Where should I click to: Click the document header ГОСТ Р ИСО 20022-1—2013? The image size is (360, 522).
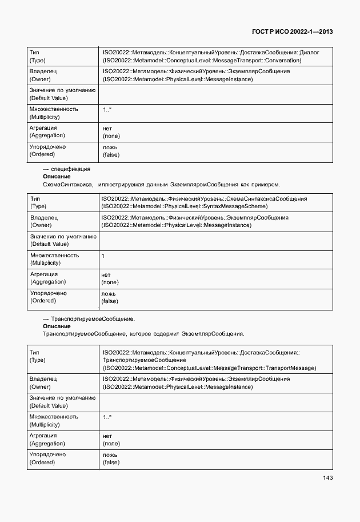click(x=292, y=31)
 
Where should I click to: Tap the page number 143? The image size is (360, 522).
click(x=327, y=478)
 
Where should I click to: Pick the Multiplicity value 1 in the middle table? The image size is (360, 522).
click(x=103, y=256)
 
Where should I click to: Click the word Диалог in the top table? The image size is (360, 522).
click(x=309, y=53)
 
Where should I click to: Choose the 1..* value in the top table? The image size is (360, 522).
click(x=107, y=109)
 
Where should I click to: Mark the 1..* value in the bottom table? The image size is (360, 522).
click(x=107, y=417)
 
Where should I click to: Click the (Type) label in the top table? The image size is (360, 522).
click(x=37, y=60)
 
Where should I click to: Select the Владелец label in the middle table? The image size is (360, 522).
click(x=43, y=218)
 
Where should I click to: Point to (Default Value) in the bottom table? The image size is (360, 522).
click(x=48, y=406)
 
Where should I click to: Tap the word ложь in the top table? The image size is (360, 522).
click(x=110, y=147)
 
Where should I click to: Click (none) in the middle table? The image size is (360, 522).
click(x=110, y=282)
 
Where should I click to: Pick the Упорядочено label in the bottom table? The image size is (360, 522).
click(x=47, y=455)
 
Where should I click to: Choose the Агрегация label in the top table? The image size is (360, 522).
click(x=43, y=128)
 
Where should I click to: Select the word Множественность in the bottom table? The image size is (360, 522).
click(x=54, y=417)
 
